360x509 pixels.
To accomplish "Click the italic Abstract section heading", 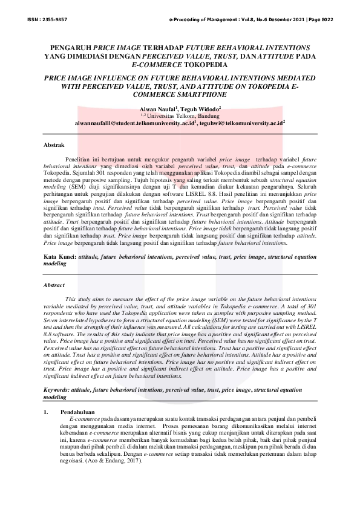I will pos(55,285).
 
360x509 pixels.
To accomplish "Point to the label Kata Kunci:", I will pos(59,257).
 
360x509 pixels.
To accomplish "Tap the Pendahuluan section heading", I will pos(79,412).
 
